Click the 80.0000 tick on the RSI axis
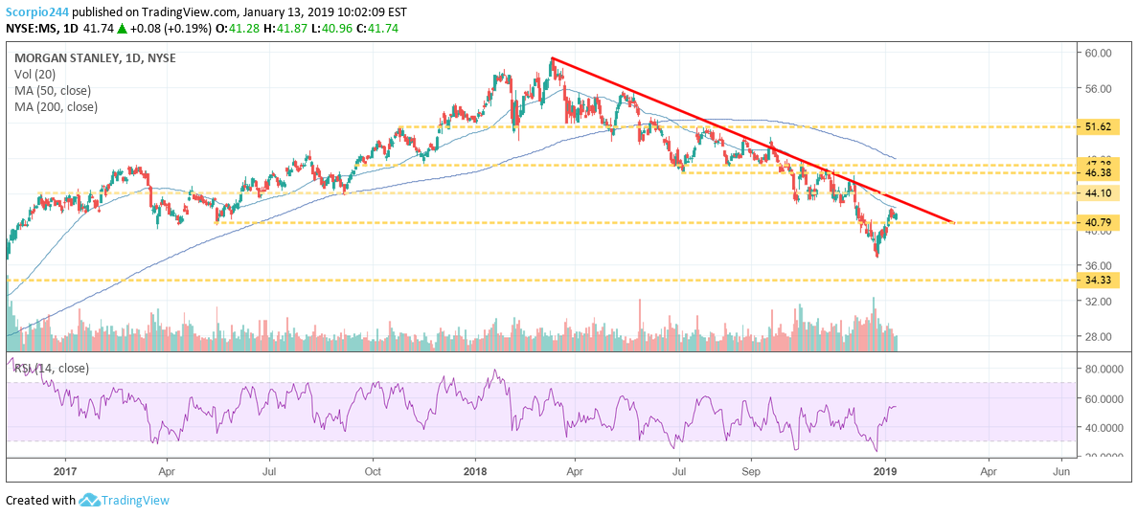click(1102, 369)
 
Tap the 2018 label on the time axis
click(476, 471)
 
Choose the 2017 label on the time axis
click(64, 471)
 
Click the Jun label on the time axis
click(1061, 471)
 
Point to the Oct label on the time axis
click(374, 471)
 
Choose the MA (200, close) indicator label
click(56, 106)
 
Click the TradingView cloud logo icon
click(90, 500)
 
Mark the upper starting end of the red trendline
click(553, 59)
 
